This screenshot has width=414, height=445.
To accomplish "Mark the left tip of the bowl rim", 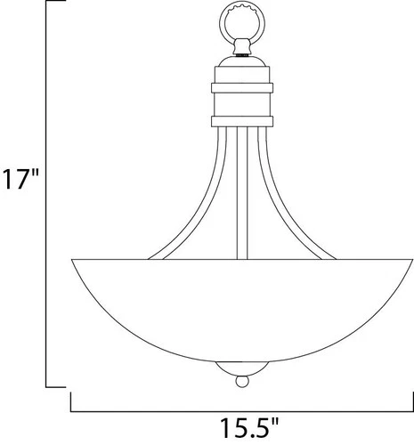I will (x=72, y=258).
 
